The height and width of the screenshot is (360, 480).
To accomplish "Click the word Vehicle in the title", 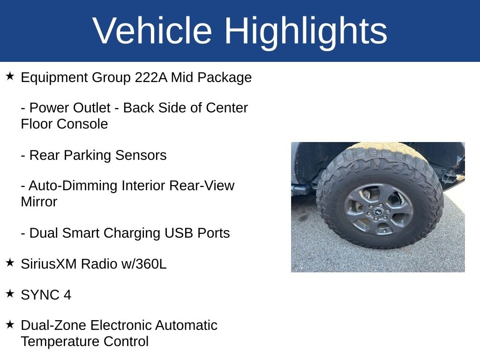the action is pyautogui.click(x=152, y=30).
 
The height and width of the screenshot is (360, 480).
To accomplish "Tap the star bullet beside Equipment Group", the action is pyautogui.click(x=10, y=76).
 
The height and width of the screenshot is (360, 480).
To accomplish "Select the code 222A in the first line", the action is pyautogui.click(x=151, y=77).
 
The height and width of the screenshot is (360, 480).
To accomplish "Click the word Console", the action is pyautogui.click(x=82, y=124).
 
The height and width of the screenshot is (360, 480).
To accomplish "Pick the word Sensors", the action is pyautogui.click(x=141, y=155).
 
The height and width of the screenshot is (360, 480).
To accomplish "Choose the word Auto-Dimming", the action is pyautogui.click(x=73, y=186).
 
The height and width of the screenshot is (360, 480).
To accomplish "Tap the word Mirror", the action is pyautogui.click(x=39, y=202).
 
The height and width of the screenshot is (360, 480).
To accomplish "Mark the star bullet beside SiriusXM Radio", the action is pyautogui.click(x=10, y=262).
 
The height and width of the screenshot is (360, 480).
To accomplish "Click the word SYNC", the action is pyautogui.click(x=40, y=295).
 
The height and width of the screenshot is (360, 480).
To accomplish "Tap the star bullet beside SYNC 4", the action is pyautogui.click(x=10, y=293).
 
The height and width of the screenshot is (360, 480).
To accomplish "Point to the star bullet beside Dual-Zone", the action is pyautogui.click(x=10, y=324).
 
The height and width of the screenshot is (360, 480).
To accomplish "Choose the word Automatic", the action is pyautogui.click(x=186, y=325).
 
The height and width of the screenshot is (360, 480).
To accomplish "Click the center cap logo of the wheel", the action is pyautogui.click(x=379, y=212).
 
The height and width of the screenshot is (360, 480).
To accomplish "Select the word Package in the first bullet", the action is pyautogui.click(x=225, y=78).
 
